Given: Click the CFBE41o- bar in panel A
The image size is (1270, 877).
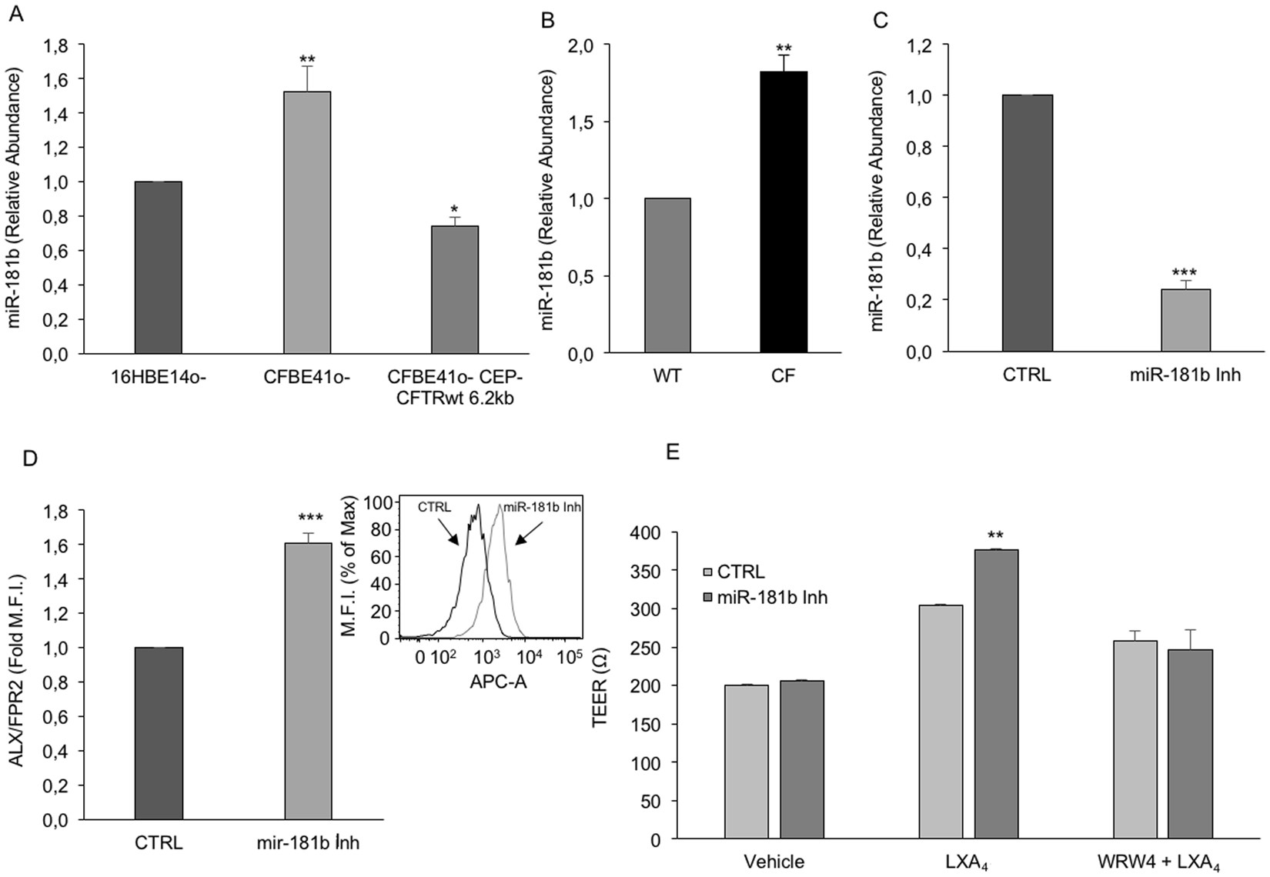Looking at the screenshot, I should click(x=307, y=223).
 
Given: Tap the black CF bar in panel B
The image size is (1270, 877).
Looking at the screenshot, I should click(x=784, y=212).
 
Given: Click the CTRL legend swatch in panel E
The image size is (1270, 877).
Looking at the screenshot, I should click(x=708, y=572).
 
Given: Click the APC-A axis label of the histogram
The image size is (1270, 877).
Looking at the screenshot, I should click(x=498, y=682).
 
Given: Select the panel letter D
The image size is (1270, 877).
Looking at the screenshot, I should click(x=31, y=459).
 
